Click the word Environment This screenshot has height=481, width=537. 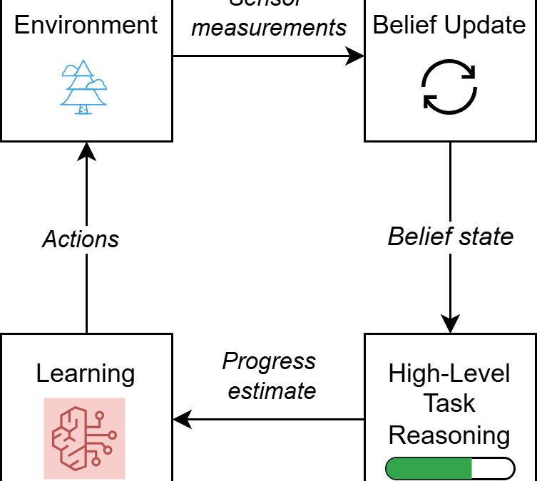(x=86, y=25)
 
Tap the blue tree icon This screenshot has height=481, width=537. (x=83, y=88)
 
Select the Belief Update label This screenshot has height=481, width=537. (x=449, y=25)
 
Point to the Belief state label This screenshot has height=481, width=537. (x=450, y=237)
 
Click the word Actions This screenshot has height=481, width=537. (x=81, y=239)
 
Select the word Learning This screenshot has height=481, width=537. (x=86, y=373)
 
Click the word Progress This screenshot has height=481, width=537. (x=269, y=361)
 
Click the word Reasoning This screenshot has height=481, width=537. (x=449, y=435)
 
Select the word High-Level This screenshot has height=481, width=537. (x=449, y=374)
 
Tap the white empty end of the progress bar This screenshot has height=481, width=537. (x=493, y=468)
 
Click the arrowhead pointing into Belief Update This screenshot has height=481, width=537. (x=356, y=56)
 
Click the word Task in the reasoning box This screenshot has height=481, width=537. (x=449, y=404)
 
